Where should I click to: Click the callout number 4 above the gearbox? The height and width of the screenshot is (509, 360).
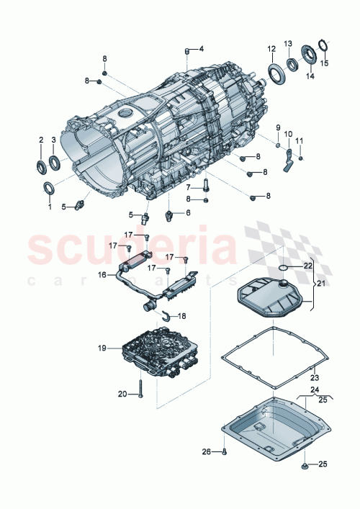[x=202, y=49]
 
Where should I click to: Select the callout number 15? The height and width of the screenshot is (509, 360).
[x=323, y=63]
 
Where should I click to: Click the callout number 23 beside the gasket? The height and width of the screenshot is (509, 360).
[x=313, y=376]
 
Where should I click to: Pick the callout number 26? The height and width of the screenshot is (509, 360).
[x=206, y=452]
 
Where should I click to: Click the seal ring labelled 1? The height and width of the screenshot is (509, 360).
[x=50, y=189]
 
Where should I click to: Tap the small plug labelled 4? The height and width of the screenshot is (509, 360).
[x=188, y=50]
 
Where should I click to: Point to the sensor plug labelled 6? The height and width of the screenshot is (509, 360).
[x=171, y=215]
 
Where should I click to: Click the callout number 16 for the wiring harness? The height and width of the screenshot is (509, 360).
[x=102, y=274]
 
